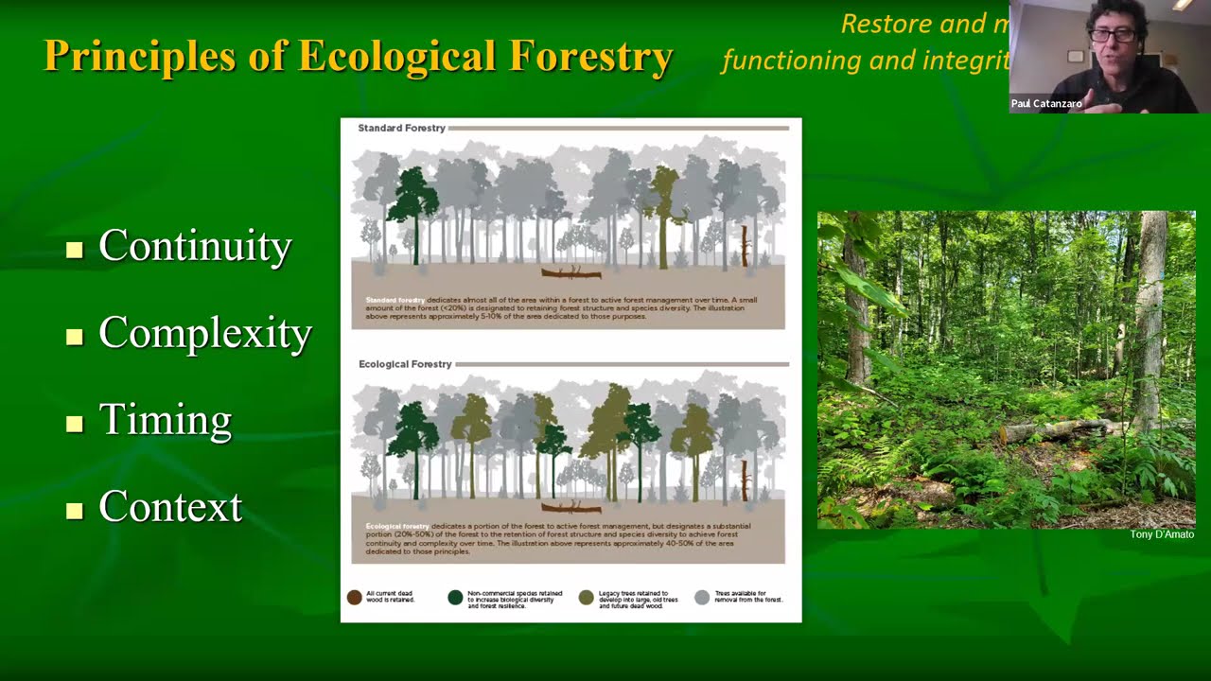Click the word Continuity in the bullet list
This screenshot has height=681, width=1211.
click(x=195, y=247)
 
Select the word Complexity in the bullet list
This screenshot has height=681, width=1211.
click(x=205, y=334)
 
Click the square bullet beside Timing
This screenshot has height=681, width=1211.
click(x=75, y=424)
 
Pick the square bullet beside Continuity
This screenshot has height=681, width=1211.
click(x=75, y=250)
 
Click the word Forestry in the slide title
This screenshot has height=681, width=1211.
click(x=591, y=57)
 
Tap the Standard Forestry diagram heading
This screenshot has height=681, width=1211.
click(x=401, y=128)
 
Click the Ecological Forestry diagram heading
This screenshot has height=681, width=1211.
click(x=405, y=364)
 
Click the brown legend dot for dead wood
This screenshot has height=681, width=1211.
click(x=355, y=597)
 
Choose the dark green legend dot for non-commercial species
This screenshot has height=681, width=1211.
click(x=455, y=597)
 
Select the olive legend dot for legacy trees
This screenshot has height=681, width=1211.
click(x=587, y=597)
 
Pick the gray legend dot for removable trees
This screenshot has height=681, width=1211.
click(x=701, y=597)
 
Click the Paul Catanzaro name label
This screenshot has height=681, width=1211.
click(x=1046, y=104)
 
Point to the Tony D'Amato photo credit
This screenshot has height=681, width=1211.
click(x=1162, y=534)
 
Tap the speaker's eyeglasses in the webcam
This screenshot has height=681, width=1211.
click(x=1114, y=35)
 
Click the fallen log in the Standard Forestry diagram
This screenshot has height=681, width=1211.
click(x=570, y=273)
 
